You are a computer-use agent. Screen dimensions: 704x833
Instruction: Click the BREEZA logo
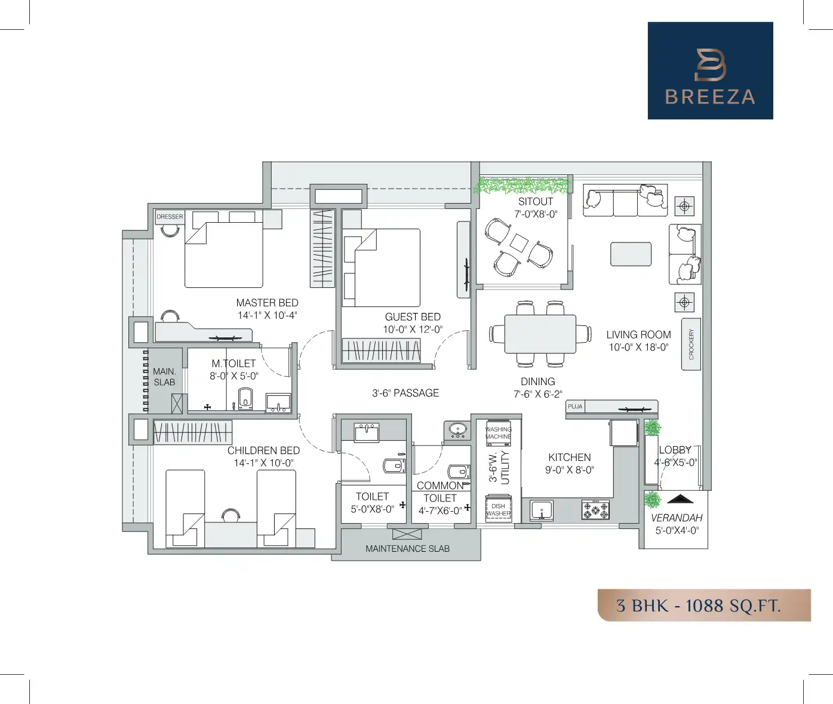tap(710, 70)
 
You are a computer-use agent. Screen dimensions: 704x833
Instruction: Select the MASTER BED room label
tap(267, 303)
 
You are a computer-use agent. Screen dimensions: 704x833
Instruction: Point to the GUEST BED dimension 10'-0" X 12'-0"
tap(413, 330)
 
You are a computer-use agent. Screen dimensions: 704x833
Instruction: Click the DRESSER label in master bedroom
tap(170, 217)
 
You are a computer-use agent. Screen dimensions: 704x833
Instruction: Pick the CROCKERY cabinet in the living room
tap(691, 345)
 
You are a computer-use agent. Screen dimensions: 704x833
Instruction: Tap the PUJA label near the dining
tap(575, 407)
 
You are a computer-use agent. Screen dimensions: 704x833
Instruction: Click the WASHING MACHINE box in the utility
tap(499, 433)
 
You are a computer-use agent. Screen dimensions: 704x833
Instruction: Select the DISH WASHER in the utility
tap(498, 509)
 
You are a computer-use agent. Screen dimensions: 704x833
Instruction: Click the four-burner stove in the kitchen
tap(595, 510)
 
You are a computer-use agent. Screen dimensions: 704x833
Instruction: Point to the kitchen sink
tap(542, 511)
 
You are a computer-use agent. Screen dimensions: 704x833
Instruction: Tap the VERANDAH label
tap(676, 518)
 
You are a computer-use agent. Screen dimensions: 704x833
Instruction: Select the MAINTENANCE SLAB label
tap(407, 548)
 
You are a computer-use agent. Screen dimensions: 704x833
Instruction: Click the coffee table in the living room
tap(631, 254)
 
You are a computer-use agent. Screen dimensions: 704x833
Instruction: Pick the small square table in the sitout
tap(518, 243)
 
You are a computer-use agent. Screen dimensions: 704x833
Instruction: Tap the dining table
tap(540, 334)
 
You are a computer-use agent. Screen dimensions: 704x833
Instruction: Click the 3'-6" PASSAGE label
tap(405, 393)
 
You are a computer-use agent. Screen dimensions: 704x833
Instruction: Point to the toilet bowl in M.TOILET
tap(245, 398)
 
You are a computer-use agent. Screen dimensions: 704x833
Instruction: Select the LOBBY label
tap(675, 450)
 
